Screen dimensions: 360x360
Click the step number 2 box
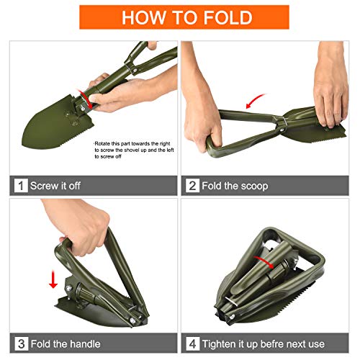click(x=192, y=186)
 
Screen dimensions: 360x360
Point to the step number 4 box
click(x=192, y=343)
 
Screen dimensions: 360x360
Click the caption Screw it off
click(x=55, y=186)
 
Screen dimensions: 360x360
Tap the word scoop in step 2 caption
click(x=251, y=186)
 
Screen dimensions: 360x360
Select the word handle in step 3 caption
click(x=84, y=343)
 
